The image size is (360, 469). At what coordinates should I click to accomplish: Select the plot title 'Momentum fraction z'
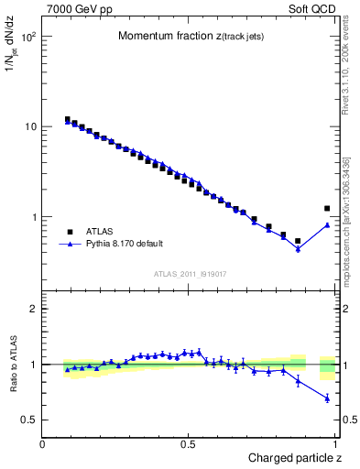(x=184, y=36)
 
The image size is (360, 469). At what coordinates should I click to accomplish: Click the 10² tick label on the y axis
(x=29, y=37)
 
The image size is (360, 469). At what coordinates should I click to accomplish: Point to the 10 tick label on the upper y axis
(x=31, y=126)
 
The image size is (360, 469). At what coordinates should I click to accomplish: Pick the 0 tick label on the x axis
(x=43, y=443)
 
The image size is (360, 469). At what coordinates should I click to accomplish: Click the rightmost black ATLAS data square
(x=327, y=209)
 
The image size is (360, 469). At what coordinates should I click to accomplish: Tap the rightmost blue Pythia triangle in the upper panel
(x=327, y=224)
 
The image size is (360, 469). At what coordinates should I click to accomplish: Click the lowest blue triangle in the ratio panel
(x=327, y=398)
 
